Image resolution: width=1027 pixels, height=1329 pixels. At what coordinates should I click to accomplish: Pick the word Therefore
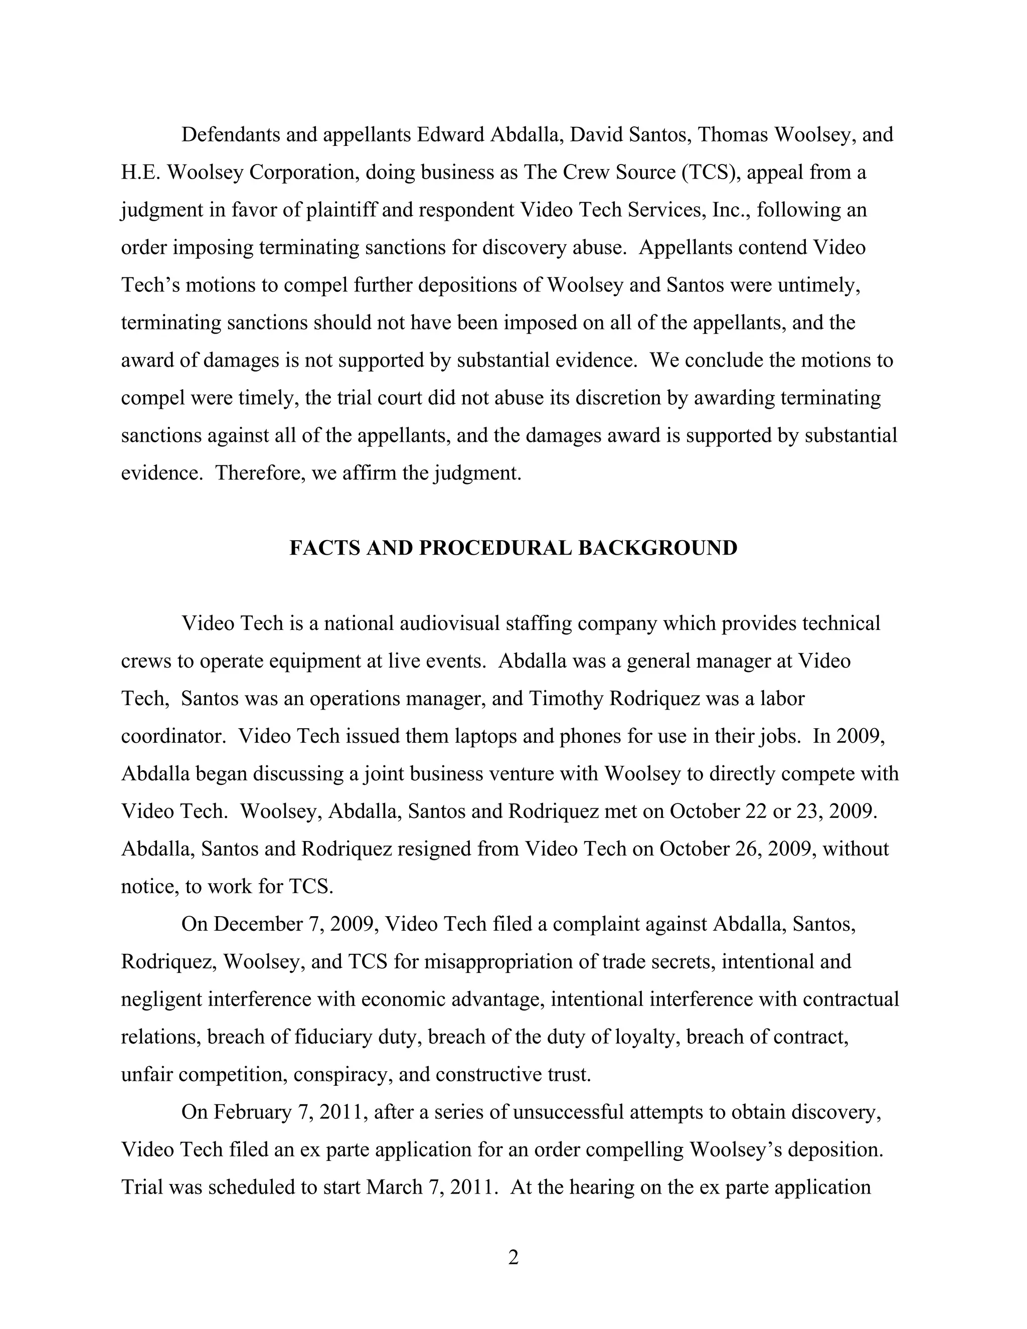tap(259, 473)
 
